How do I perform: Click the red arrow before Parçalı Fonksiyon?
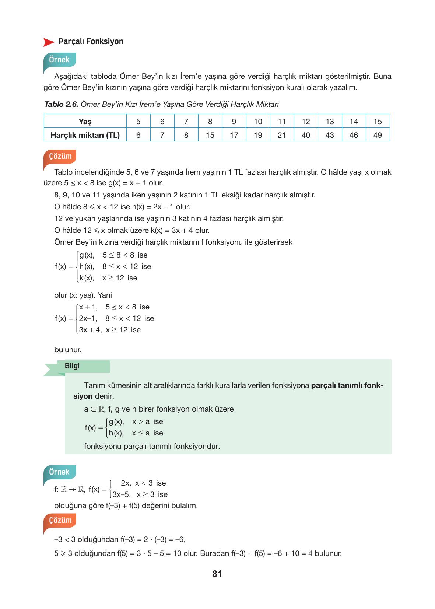[x=49, y=42]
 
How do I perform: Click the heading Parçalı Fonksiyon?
[x=91, y=41]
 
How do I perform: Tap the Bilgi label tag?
[x=72, y=366]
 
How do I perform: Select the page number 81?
[x=217, y=574]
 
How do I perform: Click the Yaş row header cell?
[x=85, y=122]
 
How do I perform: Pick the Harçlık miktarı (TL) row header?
[x=85, y=135]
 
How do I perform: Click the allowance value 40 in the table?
[x=306, y=135]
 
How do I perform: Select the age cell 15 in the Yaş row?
[x=378, y=122]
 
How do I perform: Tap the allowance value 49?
[x=378, y=135]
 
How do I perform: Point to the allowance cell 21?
[x=282, y=135]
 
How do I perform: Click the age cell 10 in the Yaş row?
[x=258, y=122]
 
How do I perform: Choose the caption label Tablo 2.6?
[x=61, y=104]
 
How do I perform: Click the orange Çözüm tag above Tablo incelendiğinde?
[x=60, y=156]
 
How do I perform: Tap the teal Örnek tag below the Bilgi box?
[x=59, y=472]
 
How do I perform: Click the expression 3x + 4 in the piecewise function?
[x=90, y=330]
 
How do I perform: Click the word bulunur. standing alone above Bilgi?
[x=68, y=350]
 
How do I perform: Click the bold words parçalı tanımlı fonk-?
[x=347, y=386]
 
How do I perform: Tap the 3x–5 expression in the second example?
[x=121, y=494]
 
